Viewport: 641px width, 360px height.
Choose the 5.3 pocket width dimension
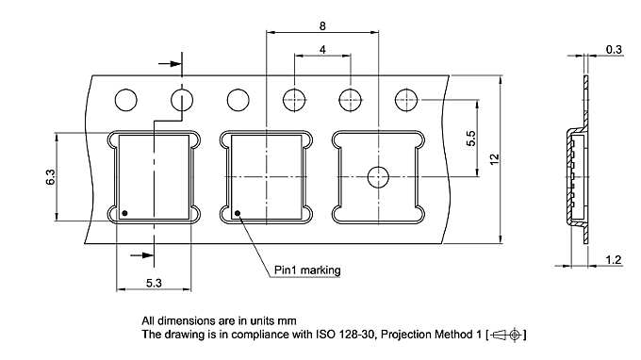click(x=154, y=281)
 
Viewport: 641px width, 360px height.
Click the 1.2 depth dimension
click(x=614, y=259)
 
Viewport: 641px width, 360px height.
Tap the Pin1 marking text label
click(x=306, y=270)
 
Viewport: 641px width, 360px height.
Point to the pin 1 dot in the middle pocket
click(x=238, y=212)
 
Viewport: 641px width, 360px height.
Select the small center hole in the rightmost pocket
click(x=378, y=176)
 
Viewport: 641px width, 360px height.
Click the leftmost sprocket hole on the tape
click(x=125, y=99)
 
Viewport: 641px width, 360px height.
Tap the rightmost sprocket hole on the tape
click(x=407, y=99)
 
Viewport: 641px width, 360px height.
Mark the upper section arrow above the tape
click(x=168, y=64)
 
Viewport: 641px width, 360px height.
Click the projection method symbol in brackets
click(x=509, y=335)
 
